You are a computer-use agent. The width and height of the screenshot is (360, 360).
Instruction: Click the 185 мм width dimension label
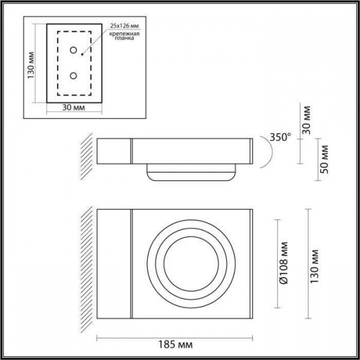[175, 346]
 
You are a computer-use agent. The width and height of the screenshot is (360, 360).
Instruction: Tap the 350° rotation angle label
[279, 137]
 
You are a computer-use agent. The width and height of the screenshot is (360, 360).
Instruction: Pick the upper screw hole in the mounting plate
[73, 50]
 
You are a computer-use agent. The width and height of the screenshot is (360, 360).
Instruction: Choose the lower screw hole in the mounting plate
[73, 76]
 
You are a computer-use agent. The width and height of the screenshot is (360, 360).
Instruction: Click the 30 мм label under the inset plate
[73, 108]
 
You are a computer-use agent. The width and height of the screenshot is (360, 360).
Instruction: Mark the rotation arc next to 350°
[267, 150]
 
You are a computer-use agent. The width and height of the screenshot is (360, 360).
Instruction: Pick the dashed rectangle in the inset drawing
[58, 63]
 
